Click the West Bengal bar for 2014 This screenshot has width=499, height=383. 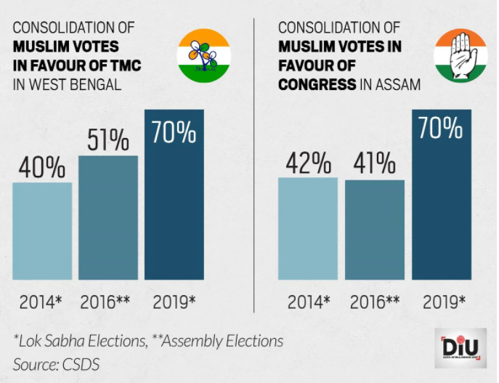click(42, 231)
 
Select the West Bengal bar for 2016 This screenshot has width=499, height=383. click(107, 218)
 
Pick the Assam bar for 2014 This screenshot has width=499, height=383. click(309, 229)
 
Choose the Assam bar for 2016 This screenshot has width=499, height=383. click(374, 230)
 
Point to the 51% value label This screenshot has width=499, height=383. click(108, 140)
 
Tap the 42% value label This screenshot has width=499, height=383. click(309, 162)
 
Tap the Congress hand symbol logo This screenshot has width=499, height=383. click(461, 54)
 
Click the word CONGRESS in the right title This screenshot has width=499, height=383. click(316, 84)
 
